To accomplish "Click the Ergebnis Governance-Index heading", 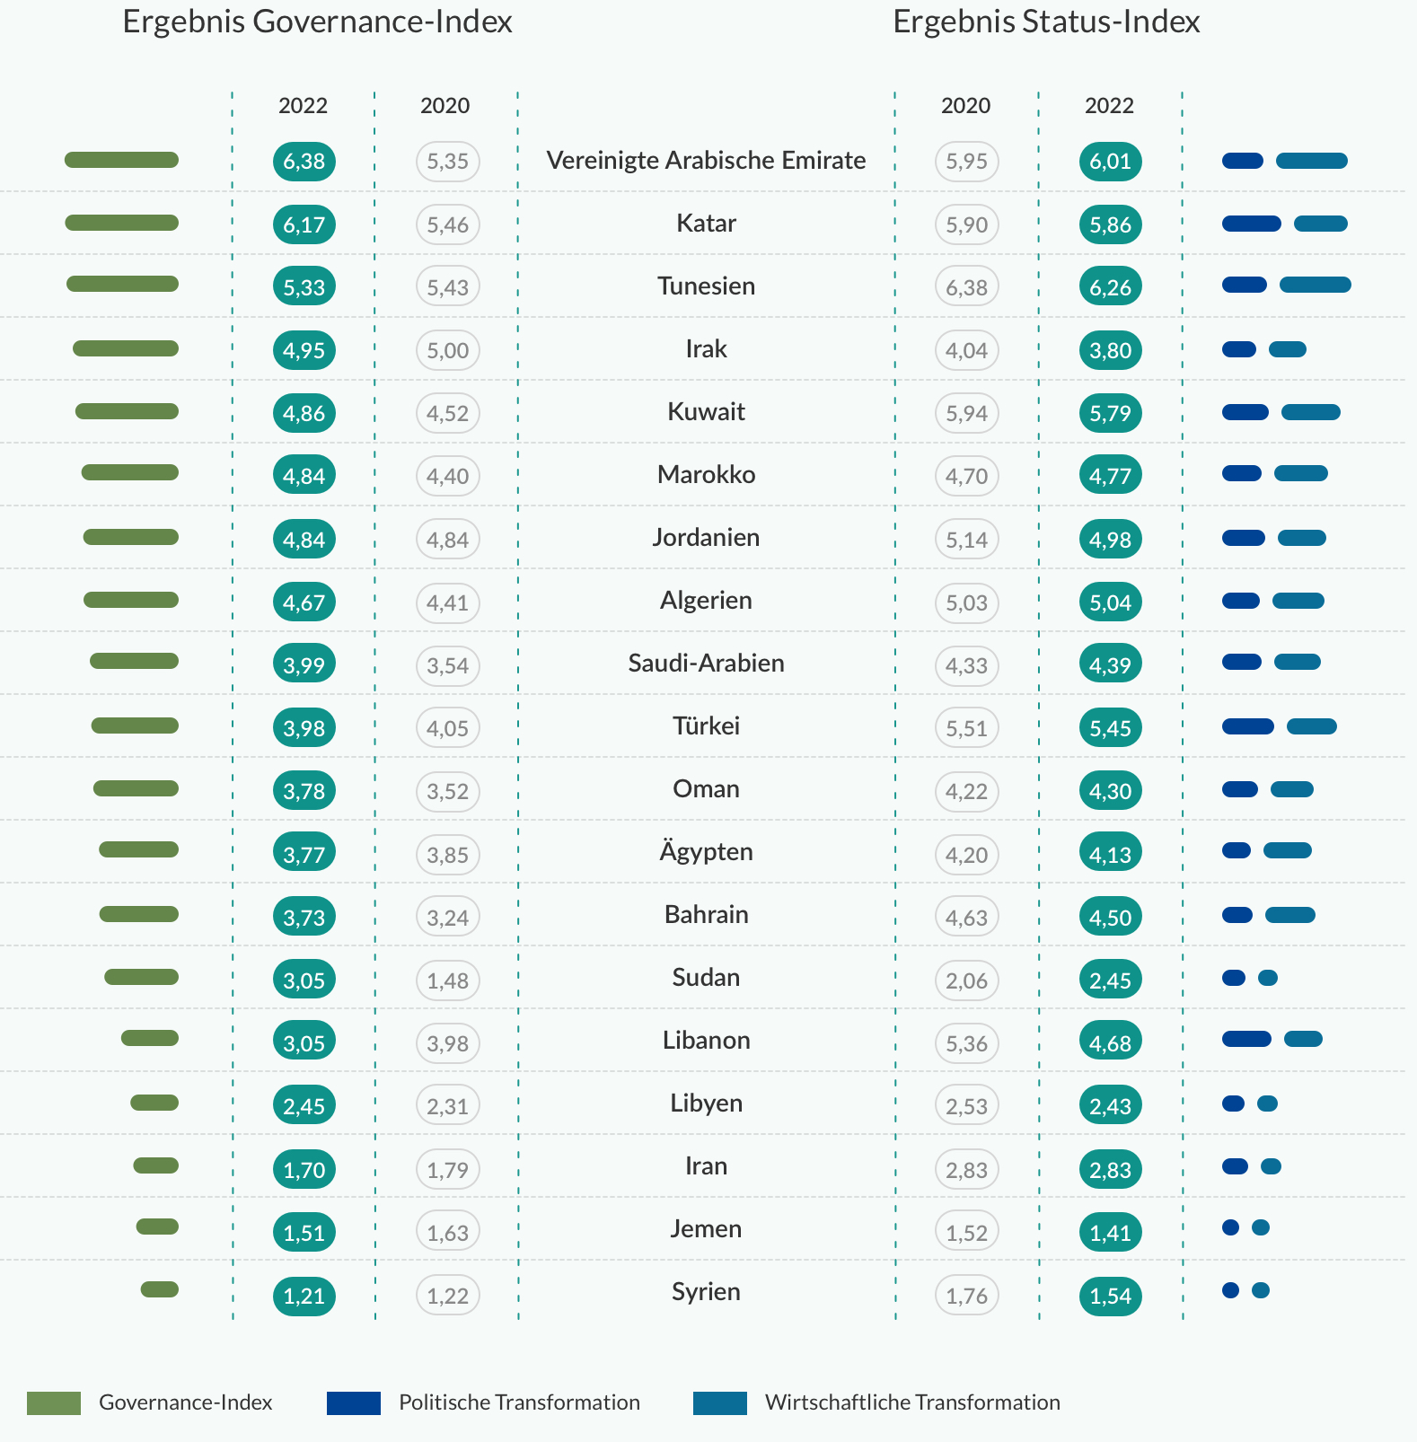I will (x=317, y=22).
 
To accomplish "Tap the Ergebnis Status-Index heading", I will (x=1046, y=22).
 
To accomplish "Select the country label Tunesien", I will (x=706, y=286).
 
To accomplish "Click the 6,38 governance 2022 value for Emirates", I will (x=304, y=162).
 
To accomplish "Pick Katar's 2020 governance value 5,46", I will (x=447, y=224).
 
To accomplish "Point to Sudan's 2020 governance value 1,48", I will (x=447, y=980).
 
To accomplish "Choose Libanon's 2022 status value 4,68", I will (x=1110, y=1042).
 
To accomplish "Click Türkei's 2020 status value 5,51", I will (x=966, y=728).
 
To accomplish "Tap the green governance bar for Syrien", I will (x=160, y=1289).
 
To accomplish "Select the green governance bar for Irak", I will (x=126, y=348).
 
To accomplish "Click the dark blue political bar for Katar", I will (x=1251, y=224).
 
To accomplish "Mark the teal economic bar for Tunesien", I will (x=1315, y=285).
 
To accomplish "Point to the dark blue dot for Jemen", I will (x=1230, y=1227).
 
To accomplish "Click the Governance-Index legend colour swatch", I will (x=54, y=1402).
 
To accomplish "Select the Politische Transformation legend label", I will (x=519, y=1402).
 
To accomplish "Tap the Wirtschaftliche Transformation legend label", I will (x=912, y=1402).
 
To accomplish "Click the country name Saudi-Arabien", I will (x=706, y=663).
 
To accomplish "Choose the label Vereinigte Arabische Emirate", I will (x=706, y=160).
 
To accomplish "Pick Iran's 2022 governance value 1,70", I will (x=304, y=1169).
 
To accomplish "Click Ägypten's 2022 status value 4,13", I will (x=1110, y=854).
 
